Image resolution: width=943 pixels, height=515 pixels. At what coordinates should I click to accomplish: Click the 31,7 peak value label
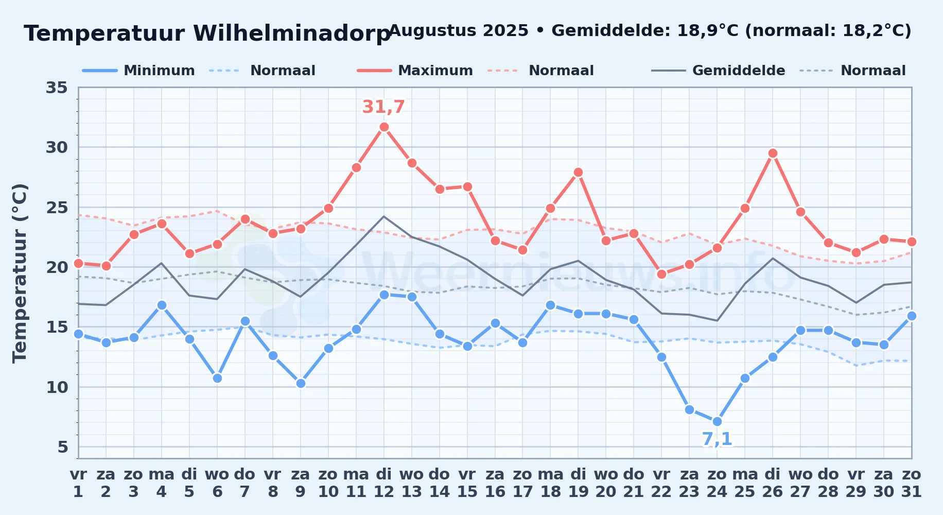[383, 107]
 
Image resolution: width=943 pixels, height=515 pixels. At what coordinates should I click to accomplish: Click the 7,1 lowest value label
[717, 439]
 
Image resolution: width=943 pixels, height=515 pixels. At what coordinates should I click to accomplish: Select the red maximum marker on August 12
[384, 127]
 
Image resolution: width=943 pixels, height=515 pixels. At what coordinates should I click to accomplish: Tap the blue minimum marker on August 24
[717, 421]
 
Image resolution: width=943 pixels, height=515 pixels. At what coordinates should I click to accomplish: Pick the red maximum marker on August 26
[773, 153]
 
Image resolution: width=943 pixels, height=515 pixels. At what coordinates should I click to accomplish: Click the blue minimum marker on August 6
[217, 378]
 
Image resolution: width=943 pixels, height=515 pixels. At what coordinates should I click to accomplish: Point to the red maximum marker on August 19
[578, 173]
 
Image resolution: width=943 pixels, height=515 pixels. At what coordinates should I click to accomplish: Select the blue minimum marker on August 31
[912, 316]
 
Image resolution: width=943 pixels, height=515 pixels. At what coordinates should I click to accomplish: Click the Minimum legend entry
[138, 71]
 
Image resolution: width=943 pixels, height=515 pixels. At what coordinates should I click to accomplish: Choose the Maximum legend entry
[415, 71]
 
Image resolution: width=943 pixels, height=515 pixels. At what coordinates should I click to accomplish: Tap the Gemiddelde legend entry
[719, 71]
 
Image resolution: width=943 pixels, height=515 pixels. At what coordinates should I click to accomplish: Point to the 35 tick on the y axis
[57, 88]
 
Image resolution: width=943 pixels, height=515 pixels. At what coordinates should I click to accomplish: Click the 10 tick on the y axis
[57, 387]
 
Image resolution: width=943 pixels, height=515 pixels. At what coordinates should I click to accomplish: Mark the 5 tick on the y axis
[63, 447]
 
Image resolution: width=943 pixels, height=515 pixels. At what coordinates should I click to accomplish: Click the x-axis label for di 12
[384, 483]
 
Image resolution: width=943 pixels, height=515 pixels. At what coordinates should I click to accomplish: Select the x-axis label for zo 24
[717, 483]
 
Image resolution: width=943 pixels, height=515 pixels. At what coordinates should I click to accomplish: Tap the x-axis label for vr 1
[78, 483]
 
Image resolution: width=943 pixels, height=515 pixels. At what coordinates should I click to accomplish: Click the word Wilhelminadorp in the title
[292, 33]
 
